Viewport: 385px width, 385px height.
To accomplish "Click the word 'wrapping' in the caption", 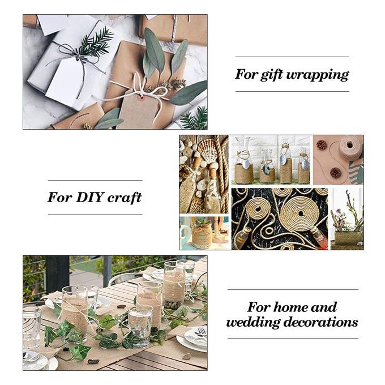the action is click(318, 75).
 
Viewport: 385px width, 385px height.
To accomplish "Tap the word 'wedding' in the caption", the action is click(253, 322).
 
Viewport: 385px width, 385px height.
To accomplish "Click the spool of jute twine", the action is click(349, 148).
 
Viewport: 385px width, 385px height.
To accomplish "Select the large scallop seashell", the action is click(208, 150).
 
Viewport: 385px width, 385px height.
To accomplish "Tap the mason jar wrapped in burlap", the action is click(202, 234).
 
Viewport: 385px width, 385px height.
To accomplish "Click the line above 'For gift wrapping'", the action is click(292, 57).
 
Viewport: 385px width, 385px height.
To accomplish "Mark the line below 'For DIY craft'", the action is click(95, 215).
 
